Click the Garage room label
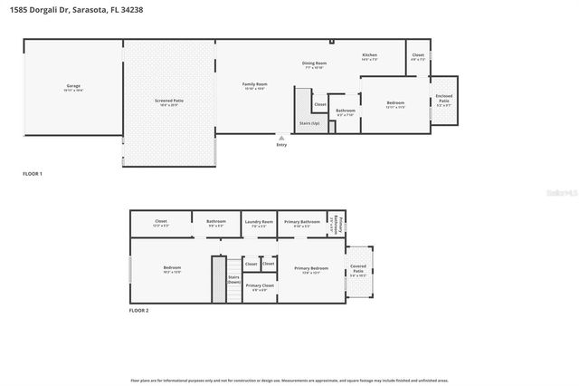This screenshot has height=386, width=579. click(x=73, y=89)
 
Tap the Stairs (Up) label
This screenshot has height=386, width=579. click(x=308, y=121)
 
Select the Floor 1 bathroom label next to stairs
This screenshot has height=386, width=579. click(x=346, y=112)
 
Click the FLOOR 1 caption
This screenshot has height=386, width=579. click(x=33, y=172)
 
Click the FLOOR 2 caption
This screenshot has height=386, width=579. click(x=139, y=310)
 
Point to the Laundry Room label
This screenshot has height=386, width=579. click(x=260, y=224)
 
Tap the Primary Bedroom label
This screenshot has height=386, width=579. click(x=310, y=269)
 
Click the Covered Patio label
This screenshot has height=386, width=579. click(x=358, y=270)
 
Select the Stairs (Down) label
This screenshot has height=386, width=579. click(x=233, y=280)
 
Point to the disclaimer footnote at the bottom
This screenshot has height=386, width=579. click(x=289, y=380)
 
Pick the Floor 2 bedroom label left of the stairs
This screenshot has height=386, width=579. click(x=172, y=269)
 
